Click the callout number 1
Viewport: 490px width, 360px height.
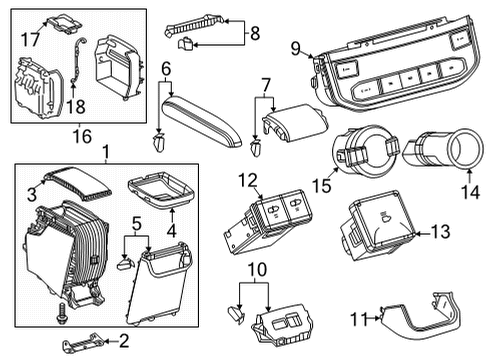(x=107, y=154)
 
